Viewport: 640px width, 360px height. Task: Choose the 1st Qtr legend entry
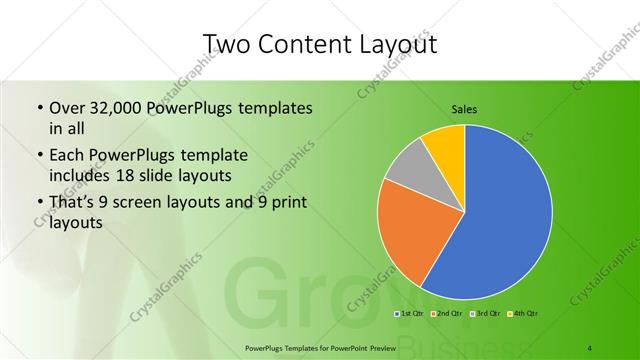click(x=410, y=313)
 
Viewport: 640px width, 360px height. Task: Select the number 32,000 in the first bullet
click(x=117, y=108)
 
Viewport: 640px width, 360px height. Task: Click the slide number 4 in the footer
click(x=590, y=347)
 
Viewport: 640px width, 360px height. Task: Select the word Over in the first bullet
click(x=67, y=108)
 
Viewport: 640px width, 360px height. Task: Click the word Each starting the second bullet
click(x=68, y=156)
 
